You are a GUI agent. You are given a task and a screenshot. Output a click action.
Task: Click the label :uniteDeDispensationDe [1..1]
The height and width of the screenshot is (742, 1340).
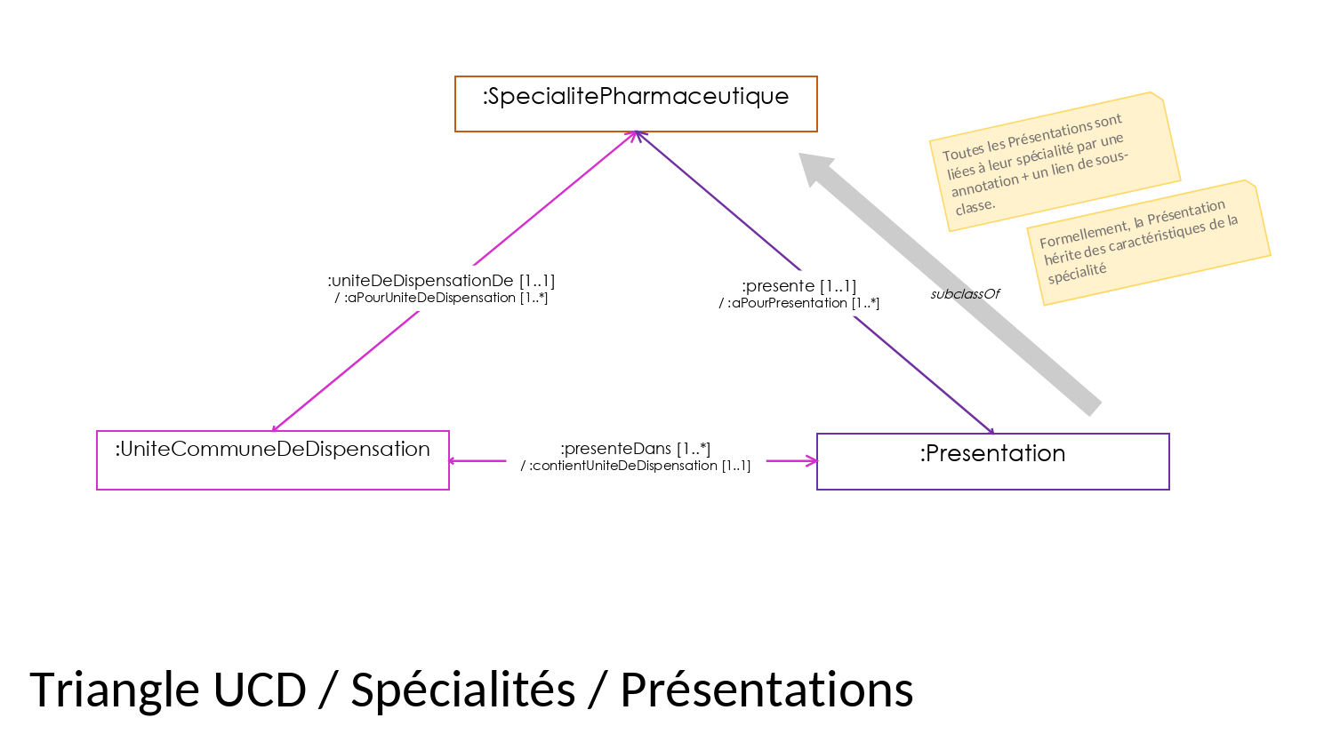click(x=442, y=281)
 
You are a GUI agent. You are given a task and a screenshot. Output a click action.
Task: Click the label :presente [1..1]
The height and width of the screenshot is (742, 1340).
click(x=799, y=286)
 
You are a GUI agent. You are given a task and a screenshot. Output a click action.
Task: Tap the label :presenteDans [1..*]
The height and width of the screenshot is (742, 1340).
click(x=635, y=449)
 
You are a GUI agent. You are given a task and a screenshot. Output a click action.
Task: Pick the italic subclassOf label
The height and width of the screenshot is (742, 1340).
click(x=965, y=293)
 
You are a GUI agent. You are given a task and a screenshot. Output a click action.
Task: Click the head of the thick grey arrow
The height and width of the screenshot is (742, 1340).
click(x=814, y=167)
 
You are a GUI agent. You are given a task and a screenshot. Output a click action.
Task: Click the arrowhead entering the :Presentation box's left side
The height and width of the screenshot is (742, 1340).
click(x=811, y=461)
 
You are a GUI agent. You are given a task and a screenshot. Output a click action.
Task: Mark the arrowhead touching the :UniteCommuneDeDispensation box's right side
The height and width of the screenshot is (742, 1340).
click(x=454, y=461)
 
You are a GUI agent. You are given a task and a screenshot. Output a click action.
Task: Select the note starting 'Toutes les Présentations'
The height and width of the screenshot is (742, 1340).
click(x=1055, y=162)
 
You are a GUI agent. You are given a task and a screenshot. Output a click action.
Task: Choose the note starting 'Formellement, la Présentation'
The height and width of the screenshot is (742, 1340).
click(x=1149, y=243)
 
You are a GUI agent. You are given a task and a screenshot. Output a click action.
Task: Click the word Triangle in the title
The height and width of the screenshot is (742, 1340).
click(x=114, y=690)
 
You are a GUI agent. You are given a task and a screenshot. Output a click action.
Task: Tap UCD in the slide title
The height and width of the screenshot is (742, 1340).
click(x=260, y=690)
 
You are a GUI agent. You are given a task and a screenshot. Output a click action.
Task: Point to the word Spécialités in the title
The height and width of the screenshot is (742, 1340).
click(x=463, y=690)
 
